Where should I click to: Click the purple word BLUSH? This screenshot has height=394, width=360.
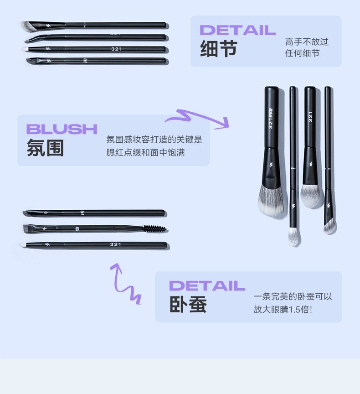point(62,129)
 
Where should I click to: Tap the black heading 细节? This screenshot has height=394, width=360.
point(218,48)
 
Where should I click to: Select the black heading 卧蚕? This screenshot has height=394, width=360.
point(188,304)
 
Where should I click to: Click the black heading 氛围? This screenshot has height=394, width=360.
point(45,148)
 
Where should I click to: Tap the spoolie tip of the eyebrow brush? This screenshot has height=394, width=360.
point(154,228)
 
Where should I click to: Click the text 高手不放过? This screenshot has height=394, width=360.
point(307,41)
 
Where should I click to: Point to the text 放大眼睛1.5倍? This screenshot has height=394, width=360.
point(283,309)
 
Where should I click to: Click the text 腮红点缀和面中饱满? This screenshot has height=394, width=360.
point(145,152)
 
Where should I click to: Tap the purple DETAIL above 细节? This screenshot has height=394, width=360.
point(238,30)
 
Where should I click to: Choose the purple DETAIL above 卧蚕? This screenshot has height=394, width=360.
point(207,286)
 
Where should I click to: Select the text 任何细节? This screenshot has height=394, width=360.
point(302,53)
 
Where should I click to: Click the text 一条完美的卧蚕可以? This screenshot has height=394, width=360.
point(293,296)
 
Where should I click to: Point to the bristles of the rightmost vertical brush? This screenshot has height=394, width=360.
point(329,227)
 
